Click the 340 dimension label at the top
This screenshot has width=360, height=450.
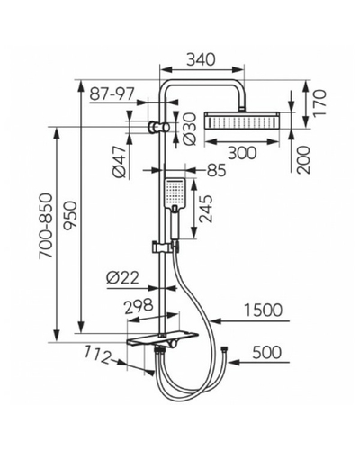tap(202, 59)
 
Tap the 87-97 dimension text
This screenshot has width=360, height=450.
tap(112, 94)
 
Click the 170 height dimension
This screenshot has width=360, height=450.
tap(319, 103)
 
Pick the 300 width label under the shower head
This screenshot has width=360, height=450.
tap(242, 153)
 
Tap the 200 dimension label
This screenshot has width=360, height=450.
tap(303, 160)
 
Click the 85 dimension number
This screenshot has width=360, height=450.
tap(216, 170)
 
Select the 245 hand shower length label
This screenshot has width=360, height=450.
tap(205, 209)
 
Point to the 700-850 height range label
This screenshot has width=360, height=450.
tap(46, 226)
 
